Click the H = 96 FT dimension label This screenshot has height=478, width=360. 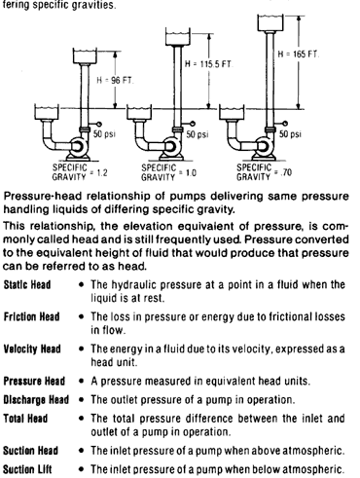click(115, 80)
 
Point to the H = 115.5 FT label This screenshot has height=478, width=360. click(208, 64)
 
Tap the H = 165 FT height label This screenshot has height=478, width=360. click(299, 54)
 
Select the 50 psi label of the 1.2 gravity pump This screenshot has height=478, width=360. click(104, 133)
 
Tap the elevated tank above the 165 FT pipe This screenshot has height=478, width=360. click(270, 22)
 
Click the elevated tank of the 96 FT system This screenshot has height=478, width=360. click(85, 55)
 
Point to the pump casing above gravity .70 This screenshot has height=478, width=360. click(266, 147)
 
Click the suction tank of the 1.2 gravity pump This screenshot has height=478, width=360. click(47, 112)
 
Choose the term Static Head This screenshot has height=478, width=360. click(27, 285)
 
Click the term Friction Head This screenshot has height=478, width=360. click(31, 316)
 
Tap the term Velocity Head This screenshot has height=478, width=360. click(32, 349)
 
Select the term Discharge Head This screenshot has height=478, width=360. click(36, 399)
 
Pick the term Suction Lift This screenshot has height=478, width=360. click(27, 469)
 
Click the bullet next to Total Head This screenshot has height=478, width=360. click(81, 419)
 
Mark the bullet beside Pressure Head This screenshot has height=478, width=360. click(81, 381)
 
